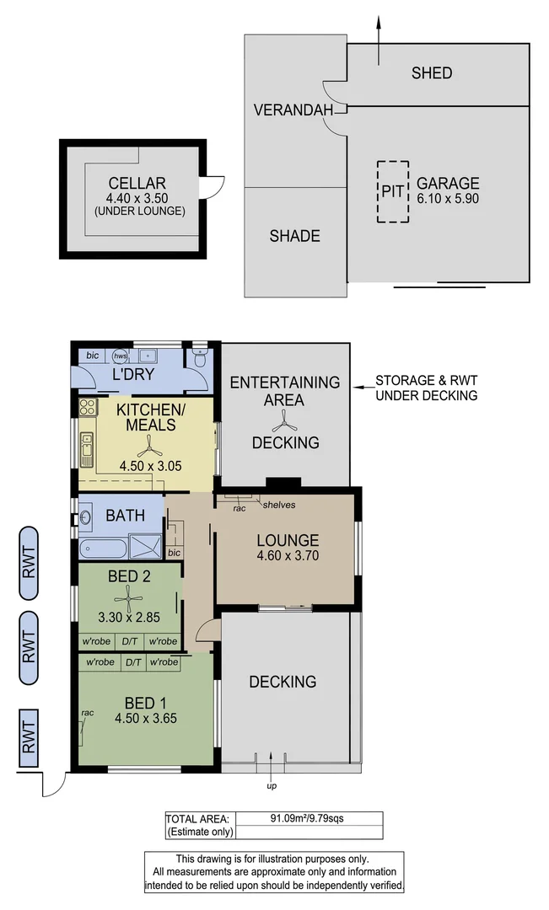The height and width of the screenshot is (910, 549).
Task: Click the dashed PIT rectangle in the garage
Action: click(393, 191)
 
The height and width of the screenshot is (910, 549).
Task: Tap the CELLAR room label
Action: click(137, 183)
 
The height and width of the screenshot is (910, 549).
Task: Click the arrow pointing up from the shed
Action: click(379, 42)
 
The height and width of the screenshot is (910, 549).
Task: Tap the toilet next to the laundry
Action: click(198, 360)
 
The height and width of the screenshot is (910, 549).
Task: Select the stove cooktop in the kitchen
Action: click(88, 408)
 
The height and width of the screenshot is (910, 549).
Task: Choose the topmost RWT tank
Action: click(29, 563)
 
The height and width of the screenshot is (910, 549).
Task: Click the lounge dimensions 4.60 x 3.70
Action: click(288, 556)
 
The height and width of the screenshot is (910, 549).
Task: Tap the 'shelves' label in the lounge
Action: click(278, 505)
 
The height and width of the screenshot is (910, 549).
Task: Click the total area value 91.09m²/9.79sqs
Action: click(309, 817)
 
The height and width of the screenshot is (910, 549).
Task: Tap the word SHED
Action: click(431, 73)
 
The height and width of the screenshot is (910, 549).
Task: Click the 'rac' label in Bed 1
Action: click(87, 713)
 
